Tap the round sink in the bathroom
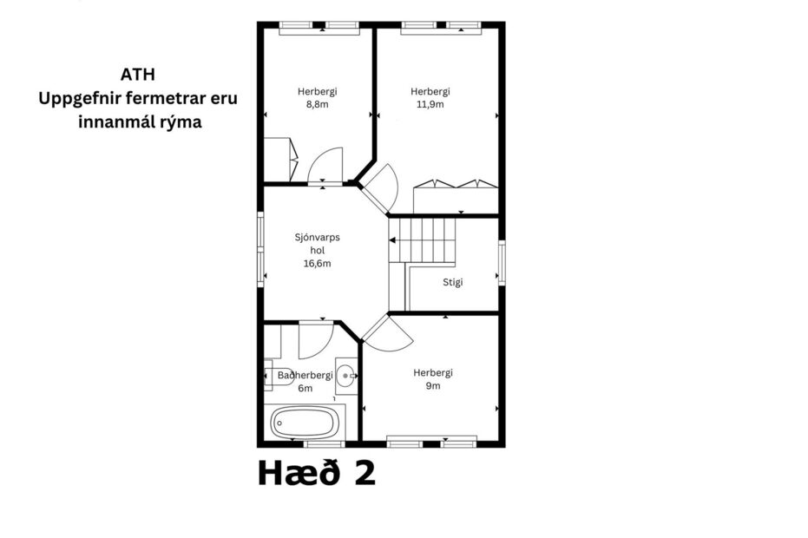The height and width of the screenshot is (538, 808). point(346,376)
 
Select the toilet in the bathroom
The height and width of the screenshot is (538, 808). point(270,376)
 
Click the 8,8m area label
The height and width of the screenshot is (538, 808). point(317,104)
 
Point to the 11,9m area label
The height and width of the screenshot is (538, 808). point(430,104)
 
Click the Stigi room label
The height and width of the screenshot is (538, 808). point(452,281)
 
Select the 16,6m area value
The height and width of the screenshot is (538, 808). point(317,263)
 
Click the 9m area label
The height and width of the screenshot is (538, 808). point(432,386)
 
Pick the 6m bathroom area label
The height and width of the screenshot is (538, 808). point(305,388)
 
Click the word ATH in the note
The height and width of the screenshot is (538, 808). point(138,74)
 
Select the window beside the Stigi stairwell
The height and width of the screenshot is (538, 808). point(502,263)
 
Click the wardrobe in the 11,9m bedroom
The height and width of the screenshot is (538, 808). point(455,197)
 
